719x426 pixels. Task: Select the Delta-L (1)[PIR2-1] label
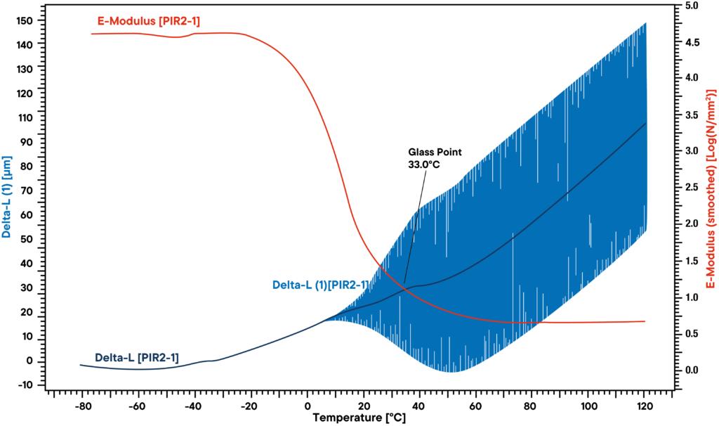point(320,285)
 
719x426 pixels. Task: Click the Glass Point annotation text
point(435,151)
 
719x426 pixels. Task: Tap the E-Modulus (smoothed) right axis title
point(711,197)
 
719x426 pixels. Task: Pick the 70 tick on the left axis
point(29,191)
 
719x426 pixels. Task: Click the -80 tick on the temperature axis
point(82,405)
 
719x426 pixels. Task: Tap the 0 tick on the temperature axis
point(307,405)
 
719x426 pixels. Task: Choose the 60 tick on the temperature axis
point(476,405)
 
